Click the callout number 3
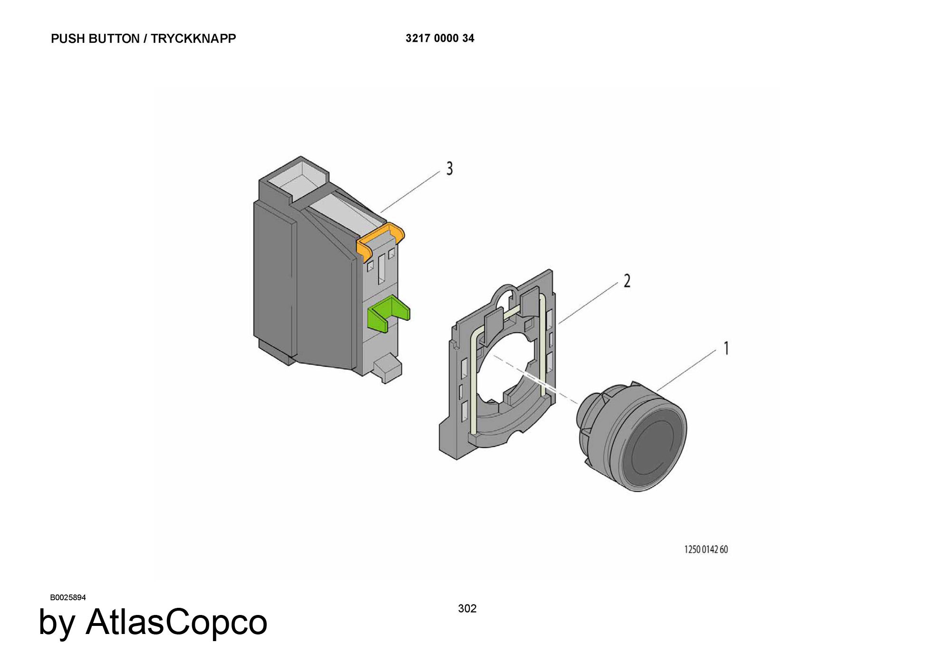pos(449,169)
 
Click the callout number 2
pos(627,281)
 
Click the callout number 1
pos(726,348)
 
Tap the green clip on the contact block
pos(389,314)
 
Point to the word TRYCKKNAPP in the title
pos(194,38)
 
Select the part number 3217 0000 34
pos(440,38)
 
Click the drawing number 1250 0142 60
pos(706,549)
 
